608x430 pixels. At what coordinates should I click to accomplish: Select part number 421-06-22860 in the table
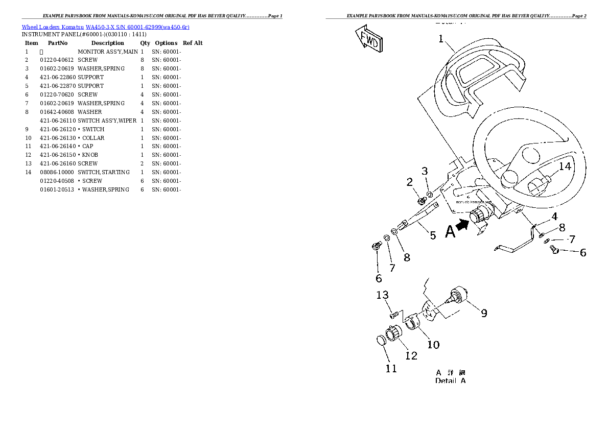(x=57, y=77)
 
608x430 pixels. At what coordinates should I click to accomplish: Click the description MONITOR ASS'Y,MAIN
(x=107, y=52)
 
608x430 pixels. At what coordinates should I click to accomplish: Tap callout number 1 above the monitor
(x=441, y=39)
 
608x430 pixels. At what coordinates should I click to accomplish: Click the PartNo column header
(x=58, y=43)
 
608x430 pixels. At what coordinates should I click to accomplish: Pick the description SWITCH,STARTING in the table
(x=104, y=172)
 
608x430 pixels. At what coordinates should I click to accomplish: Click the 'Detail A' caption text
(x=450, y=380)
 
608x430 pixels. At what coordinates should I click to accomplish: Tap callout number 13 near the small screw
(x=383, y=295)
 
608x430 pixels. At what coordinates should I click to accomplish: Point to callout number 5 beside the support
(x=433, y=235)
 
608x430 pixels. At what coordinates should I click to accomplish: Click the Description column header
(x=107, y=43)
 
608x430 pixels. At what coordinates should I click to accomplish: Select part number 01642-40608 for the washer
(x=57, y=112)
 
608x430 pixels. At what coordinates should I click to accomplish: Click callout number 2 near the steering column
(x=409, y=182)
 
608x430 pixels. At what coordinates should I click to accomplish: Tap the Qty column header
(x=145, y=43)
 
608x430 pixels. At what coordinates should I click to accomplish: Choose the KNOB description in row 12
(x=90, y=155)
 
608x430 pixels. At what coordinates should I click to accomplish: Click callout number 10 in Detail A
(x=433, y=345)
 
